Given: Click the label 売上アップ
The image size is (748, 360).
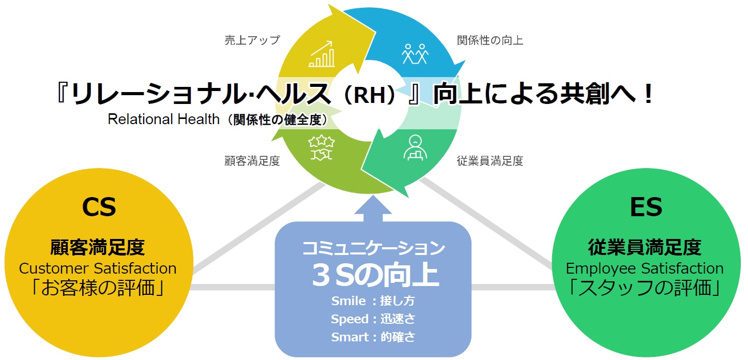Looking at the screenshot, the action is (x=252, y=40).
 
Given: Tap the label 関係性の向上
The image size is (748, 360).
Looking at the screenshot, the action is (x=490, y=40).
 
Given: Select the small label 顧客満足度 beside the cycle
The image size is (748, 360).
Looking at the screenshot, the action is (x=252, y=161).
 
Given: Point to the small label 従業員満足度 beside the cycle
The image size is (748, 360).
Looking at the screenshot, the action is (x=490, y=161).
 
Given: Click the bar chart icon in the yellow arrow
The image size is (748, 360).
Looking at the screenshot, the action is (x=322, y=54).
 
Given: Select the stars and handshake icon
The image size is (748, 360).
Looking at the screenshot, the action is (x=321, y=148).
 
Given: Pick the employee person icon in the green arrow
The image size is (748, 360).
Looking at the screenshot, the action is (x=415, y=148).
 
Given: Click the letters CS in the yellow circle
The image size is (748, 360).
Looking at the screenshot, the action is (x=99, y=207).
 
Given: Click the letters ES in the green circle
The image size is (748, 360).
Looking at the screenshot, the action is (x=646, y=207).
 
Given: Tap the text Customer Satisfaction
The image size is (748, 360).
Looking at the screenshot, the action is (x=98, y=268).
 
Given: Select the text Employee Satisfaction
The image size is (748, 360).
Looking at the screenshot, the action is (x=645, y=268).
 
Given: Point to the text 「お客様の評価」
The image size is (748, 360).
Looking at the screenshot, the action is (x=98, y=288).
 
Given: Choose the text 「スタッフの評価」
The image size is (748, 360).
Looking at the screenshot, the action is (x=645, y=288).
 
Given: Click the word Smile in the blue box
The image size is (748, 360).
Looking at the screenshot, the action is (x=348, y=301).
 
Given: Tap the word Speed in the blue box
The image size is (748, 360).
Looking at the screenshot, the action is (x=349, y=319).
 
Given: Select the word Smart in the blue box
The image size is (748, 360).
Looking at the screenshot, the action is (x=349, y=337).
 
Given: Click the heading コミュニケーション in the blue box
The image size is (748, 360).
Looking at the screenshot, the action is (x=373, y=248).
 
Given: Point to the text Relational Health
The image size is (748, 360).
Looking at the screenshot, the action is (x=163, y=119).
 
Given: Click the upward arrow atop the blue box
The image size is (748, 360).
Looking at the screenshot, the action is (x=373, y=209).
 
